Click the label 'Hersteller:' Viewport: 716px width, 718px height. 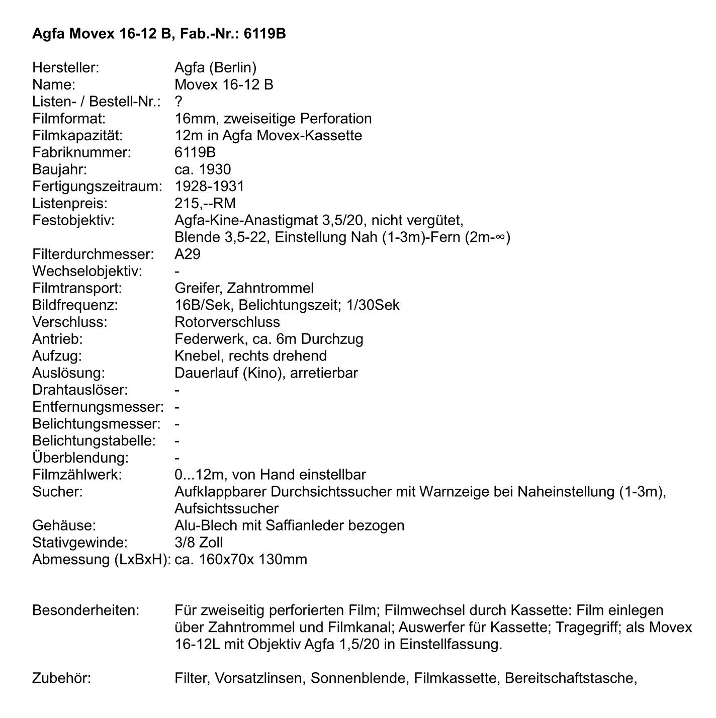[x=65, y=67]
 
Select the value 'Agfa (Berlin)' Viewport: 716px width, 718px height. [x=215, y=67]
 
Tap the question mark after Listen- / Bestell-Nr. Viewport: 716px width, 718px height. [x=178, y=102]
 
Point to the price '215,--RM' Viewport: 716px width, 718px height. [x=205, y=203]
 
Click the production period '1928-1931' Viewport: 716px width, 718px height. [x=209, y=186]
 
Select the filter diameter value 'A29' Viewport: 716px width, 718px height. [x=187, y=254]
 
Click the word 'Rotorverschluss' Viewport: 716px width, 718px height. [x=227, y=322]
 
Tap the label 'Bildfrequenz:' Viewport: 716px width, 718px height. [x=75, y=305]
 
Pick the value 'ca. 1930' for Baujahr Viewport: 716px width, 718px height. [x=203, y=169]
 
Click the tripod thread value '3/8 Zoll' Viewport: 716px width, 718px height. [x=199, y=543]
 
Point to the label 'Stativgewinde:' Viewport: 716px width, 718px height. [x=79, y=543]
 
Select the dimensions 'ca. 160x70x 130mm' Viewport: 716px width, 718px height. [x=241, y=560]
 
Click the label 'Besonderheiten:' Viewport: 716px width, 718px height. [x=85, y=610]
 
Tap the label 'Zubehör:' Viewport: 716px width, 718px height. [x=61, y=678]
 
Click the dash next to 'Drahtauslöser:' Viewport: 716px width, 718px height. [x=177, y=390]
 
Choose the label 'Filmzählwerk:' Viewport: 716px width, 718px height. [x=77, y=475]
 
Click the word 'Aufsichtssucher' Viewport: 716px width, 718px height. [x=226, y=508]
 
